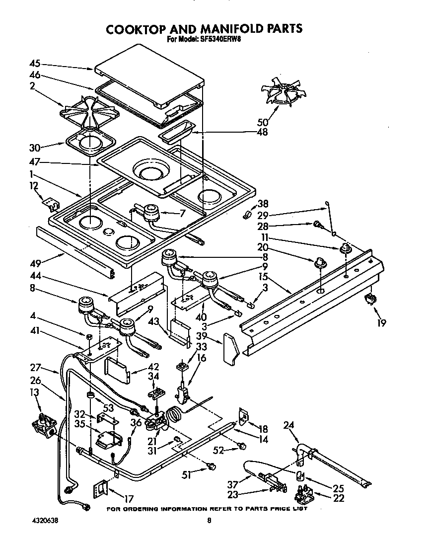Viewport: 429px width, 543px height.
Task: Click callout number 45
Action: (x=34, y=64)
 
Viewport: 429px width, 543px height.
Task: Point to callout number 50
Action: (x=263, y=122)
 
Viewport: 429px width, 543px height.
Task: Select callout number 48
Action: (x=262, y=132)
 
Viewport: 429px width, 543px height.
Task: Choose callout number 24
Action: (x=288, y=425)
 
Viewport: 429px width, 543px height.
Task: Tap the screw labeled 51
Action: (x=213, y=466)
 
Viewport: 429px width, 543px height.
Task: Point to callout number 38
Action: (x=263, y=203)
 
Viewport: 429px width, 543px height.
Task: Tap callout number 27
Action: (x=34, y=369)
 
